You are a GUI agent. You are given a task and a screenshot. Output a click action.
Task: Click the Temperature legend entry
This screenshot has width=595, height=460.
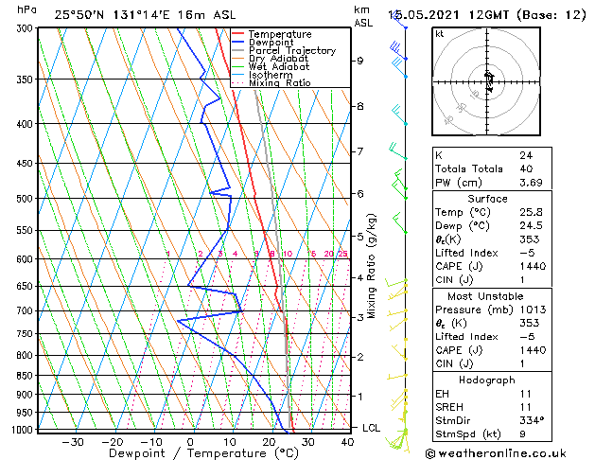279,35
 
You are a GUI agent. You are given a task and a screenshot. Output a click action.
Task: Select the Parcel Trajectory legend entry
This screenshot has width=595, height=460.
291,51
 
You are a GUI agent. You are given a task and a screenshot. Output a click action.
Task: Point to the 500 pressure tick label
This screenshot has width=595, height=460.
26,199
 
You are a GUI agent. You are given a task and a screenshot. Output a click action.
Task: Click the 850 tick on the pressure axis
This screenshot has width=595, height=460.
26,376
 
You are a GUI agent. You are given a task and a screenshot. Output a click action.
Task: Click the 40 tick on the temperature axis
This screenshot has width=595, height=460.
347,442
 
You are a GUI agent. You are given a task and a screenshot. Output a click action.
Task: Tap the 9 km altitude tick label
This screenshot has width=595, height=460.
359,61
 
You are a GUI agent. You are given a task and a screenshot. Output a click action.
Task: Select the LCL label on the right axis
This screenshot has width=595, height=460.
372,428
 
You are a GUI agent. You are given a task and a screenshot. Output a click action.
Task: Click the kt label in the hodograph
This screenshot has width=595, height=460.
439,34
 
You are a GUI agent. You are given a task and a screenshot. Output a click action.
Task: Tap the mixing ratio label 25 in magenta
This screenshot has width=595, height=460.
342,254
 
